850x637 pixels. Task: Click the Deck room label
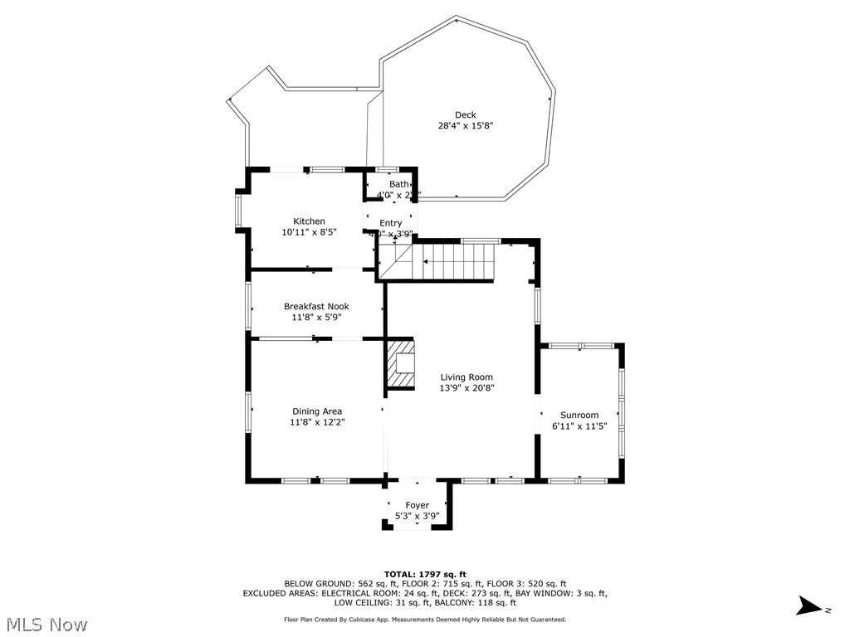click(x=465, y=115)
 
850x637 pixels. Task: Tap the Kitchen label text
click(x=309, y=221)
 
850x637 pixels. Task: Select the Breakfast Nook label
click(x=316, y=306)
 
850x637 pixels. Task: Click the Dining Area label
click(x=316, y=411)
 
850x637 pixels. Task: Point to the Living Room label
click(x=467, y=377)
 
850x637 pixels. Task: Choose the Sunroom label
click(x=579, y=416)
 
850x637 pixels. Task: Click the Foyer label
click(x=417, y=505)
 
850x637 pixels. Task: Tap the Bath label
click(x=399, y=184)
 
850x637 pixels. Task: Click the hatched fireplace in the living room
click(x=401, y=363)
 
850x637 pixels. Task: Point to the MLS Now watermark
click(x=46, y=624)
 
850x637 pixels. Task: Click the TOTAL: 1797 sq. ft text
click(x=425, y=574)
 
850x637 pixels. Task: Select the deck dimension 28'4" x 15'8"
click(x=466, y=126)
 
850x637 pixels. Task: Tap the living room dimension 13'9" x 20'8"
click(x=467, y=388)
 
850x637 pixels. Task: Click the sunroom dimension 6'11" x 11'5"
click(x=579, y=426)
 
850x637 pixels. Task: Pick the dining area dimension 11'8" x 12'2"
click(x=316, y=422)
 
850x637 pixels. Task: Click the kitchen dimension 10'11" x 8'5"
click(x=309, y=232)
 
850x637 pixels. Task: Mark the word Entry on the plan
click(x=391, y=223)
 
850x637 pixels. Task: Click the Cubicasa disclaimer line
click(x=425, y=619)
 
